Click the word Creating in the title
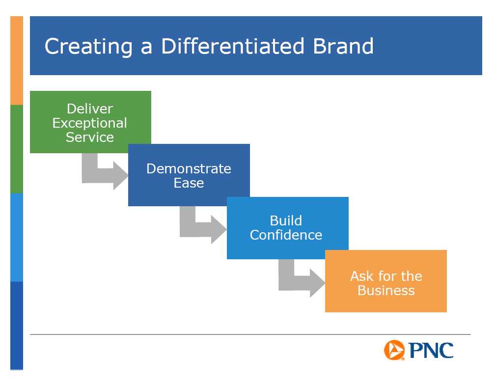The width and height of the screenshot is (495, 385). [x=88, y=47]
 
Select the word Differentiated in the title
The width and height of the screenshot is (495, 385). [x=233, y=46]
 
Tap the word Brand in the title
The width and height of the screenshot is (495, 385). [x=343, y=46]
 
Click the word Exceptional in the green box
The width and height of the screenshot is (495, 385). [x=90, y=123]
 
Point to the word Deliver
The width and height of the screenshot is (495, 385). [x=90, y=109]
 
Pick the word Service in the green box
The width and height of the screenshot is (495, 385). [x=90, y=137]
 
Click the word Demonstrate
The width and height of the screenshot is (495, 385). [x=189, y=169]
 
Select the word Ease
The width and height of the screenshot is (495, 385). [x=189, y=183]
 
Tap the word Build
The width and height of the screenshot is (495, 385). [x=286, y=220]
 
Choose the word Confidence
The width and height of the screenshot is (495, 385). [x=286, y=235]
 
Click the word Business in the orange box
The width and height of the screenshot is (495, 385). [x=386, y=290]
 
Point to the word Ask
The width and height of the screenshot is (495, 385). [x=362, y=276]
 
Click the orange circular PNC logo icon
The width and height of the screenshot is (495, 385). [x=394, y=350]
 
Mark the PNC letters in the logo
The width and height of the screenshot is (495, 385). [x=431, y=350]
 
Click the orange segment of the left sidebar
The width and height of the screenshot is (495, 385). [x=17, y=60]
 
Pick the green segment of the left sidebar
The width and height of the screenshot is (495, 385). [x=17, y=149]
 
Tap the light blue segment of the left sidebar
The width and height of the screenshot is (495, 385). [x=17, y=237]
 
